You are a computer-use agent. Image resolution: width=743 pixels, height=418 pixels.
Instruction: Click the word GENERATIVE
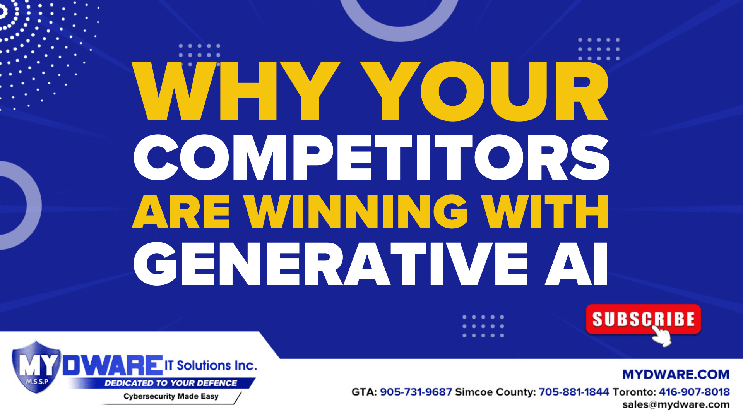click(331, 264)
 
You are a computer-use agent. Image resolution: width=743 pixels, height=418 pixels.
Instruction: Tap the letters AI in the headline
click(577, 264)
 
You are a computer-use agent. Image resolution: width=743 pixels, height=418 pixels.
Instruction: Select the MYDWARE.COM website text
click(676, 374)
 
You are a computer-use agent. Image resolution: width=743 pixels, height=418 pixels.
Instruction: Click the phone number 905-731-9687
click(416, 392)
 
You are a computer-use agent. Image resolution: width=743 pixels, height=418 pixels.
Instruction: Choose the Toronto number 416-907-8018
click(694, 392)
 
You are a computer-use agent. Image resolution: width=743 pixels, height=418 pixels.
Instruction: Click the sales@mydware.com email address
click(676, 405)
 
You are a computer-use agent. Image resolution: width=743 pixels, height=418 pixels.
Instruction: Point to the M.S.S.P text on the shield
click(37, 382)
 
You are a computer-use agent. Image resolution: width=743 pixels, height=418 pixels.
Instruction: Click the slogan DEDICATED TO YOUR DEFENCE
click(171, 383)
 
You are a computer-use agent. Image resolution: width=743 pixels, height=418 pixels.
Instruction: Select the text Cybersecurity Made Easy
click(171, 396)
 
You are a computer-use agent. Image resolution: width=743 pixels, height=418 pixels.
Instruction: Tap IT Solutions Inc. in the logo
click(211, 365)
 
